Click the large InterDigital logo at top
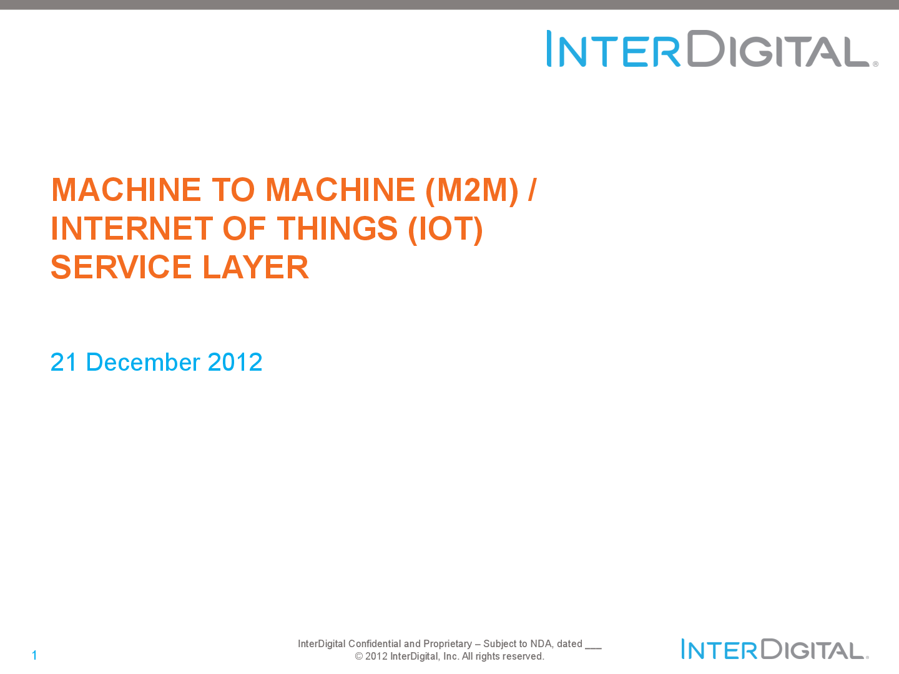tap(712, 48)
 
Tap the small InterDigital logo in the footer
tap(775, 649)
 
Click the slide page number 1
tap(34, 655)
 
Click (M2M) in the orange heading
tap(472, 190)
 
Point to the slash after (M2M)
tap(532, 190)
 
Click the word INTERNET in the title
tap(132, 228)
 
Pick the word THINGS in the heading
tap(337, 228)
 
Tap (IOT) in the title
tap(446, 229)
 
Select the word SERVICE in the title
tap(121, 267)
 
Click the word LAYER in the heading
tap(255, 267)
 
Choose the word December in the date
tap(143, 362)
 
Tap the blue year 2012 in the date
tap(235, 362)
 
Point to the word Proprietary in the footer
tap(447, 644)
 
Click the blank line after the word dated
tap(593, 648)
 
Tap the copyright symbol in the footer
tap(359, 657)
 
